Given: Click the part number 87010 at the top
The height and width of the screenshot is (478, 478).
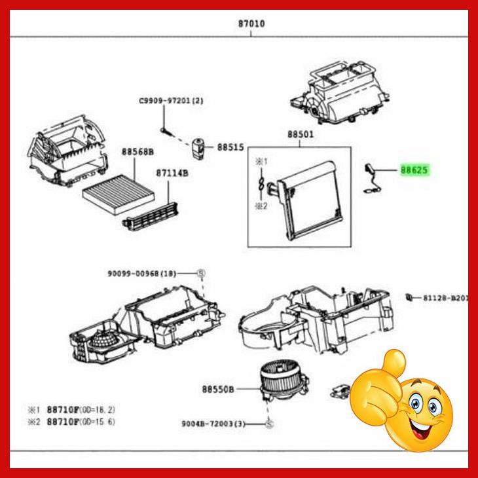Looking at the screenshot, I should point(251,23).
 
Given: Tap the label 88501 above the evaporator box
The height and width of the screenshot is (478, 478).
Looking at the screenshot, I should point(300,136).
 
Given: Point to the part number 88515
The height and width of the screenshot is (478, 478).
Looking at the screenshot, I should point(230,148).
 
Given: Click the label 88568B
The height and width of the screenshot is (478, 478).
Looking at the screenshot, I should point(136,152).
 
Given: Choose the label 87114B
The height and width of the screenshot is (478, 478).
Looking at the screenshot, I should point(172,174).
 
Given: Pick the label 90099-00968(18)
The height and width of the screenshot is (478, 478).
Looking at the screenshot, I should point(149,273).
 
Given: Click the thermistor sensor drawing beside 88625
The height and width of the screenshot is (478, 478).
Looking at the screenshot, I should point(371,179).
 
